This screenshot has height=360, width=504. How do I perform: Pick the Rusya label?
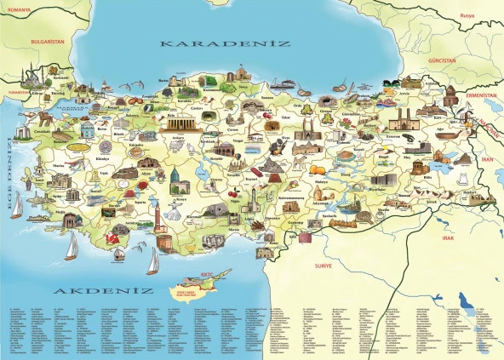(467, 15)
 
